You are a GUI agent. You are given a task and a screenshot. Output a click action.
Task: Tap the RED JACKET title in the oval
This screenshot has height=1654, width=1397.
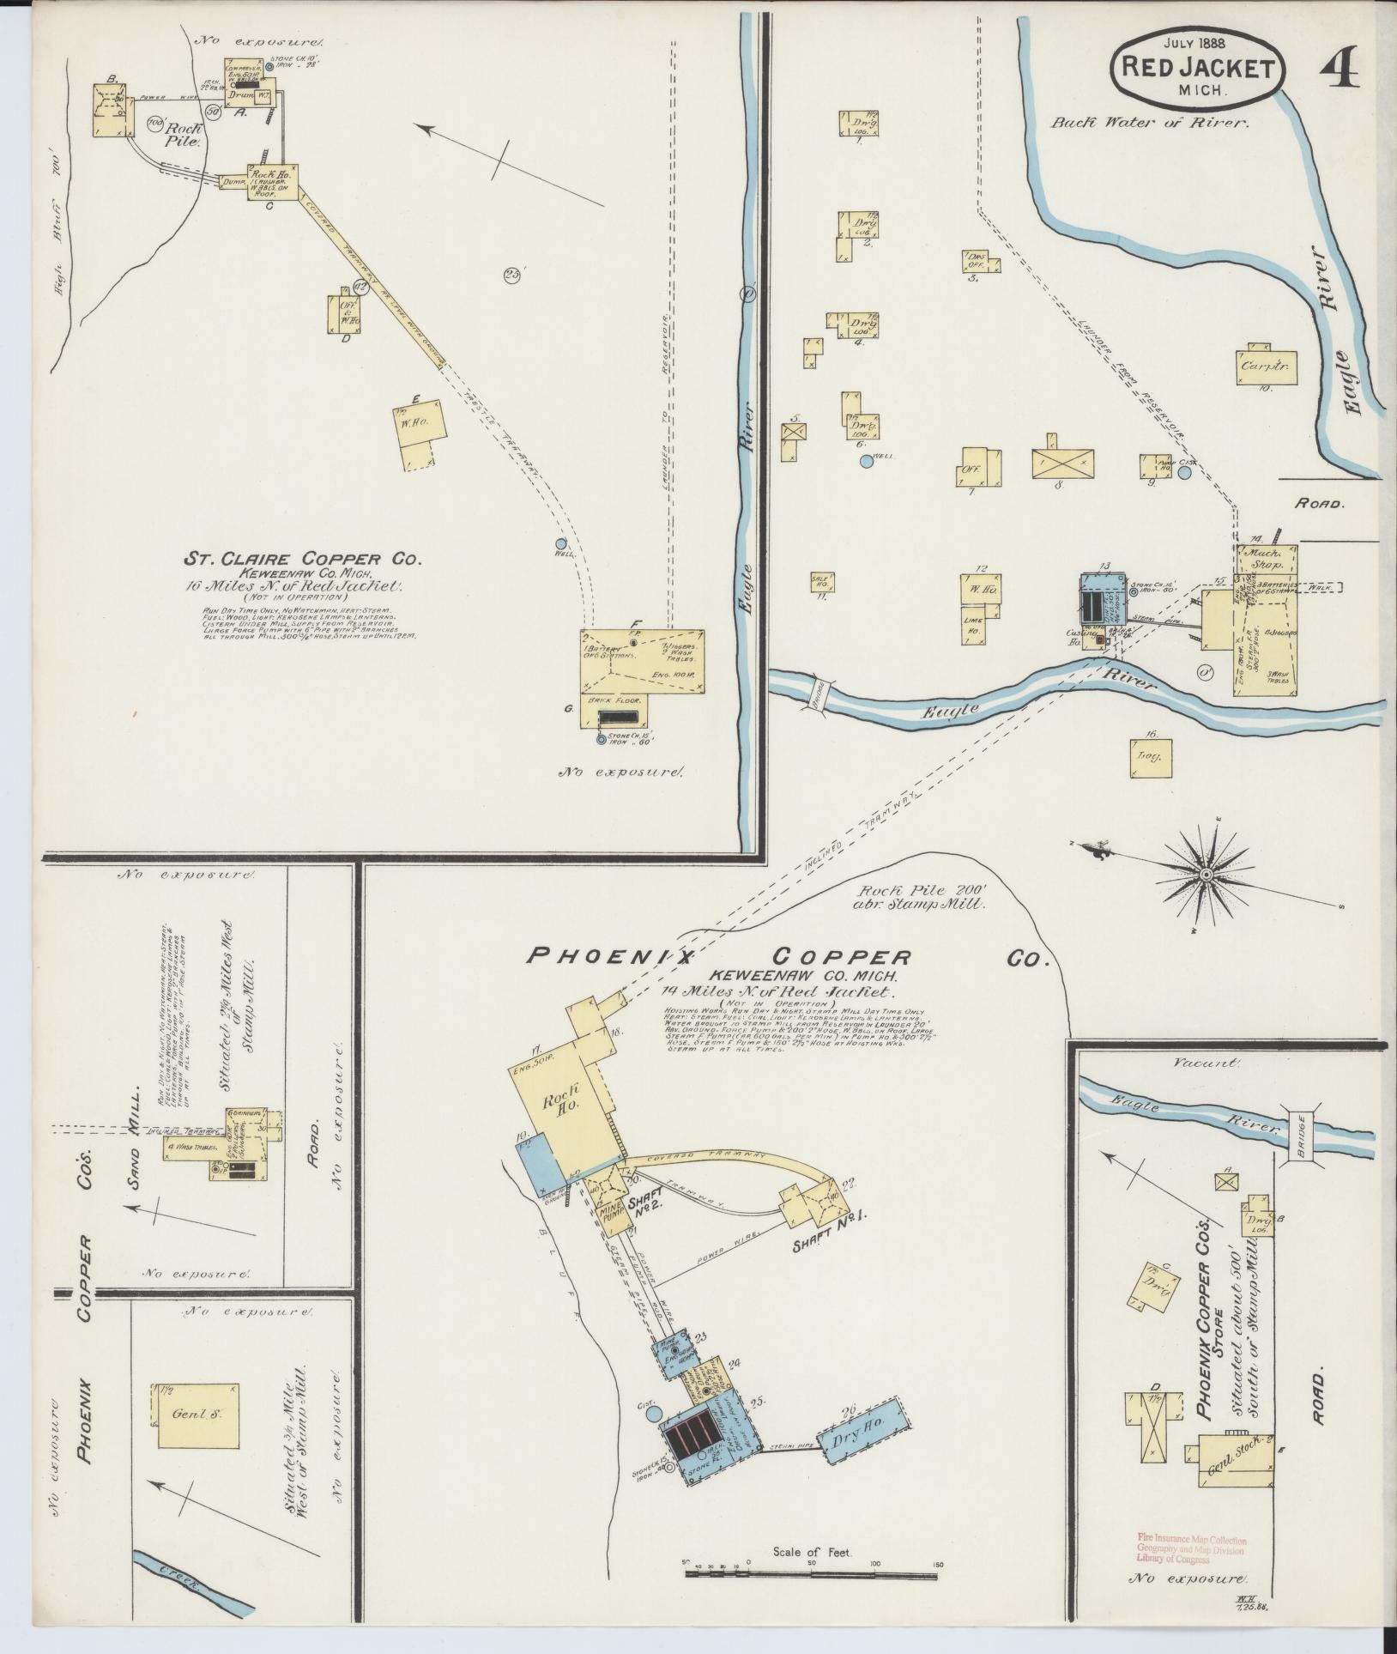coord(1199,68)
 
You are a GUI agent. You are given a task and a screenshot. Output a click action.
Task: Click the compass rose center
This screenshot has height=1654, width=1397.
coord(1206,875)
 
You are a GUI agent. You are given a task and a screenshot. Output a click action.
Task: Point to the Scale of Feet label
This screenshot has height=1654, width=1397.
coord(811,1553)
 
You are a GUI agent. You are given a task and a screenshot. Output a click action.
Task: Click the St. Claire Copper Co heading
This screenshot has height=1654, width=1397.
coord(303,559)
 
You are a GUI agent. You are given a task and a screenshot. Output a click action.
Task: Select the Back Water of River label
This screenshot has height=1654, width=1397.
coord(1150,122)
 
